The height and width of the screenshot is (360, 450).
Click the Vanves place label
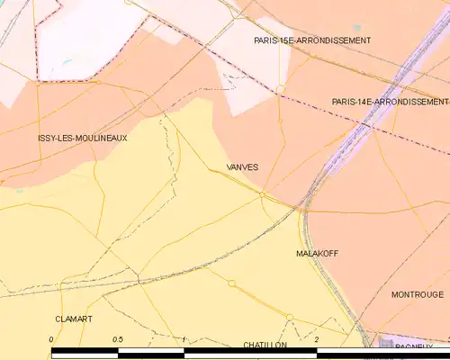coord(243,167)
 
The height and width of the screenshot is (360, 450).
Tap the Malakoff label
coord(317,254)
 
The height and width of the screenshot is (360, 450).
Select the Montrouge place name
coord(417,294)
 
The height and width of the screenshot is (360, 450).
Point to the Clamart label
coord(74,319)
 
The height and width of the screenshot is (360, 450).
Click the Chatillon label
coord(265,345)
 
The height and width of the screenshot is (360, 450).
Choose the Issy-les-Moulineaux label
coord(83,138)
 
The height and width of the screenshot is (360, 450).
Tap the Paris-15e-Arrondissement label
coord(312,40)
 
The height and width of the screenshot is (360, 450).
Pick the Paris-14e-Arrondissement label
coord(390,102)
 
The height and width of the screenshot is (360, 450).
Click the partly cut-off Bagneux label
coord(413,346)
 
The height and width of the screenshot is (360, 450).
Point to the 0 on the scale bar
coord(51,338)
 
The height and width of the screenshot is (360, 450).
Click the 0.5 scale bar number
coord(117,338)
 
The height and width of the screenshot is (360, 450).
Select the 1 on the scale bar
coord(184,338)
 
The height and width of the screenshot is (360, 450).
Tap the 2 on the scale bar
coord(317,338)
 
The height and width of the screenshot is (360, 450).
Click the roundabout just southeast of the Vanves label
coord(262,193)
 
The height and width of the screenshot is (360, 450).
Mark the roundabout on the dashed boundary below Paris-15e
coord(281,87)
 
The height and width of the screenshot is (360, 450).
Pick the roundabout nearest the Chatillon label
coord(290,317)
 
